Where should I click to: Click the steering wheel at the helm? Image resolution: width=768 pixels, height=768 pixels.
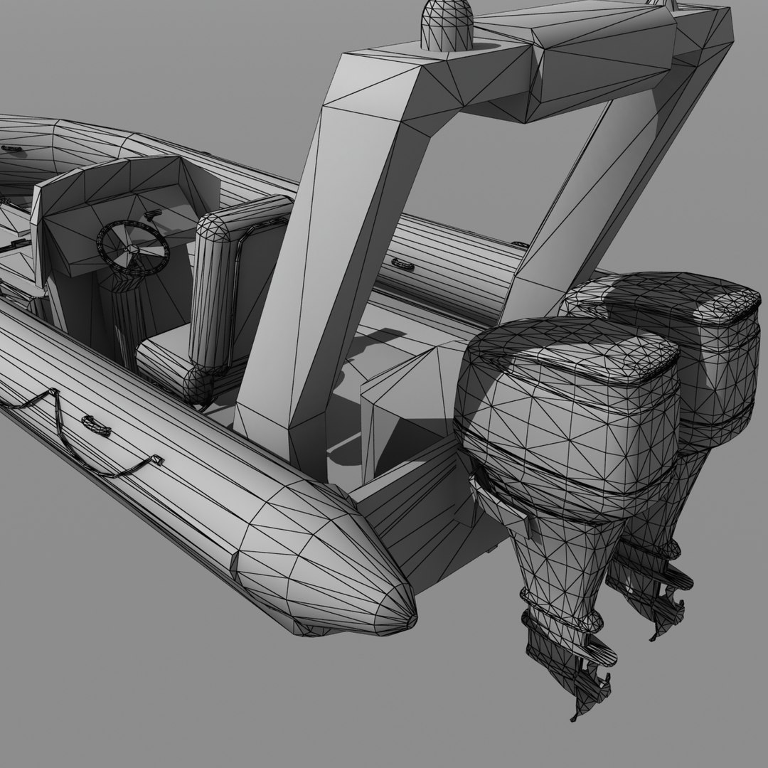[x=133, y=246]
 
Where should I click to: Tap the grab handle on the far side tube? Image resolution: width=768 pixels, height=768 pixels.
[x=402, y=265]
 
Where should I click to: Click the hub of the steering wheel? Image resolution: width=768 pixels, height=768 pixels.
[x=133, y=250]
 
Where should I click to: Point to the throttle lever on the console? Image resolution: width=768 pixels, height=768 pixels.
[x=151, y=214]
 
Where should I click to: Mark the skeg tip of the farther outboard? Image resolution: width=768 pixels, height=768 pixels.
[x=653, y=635]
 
